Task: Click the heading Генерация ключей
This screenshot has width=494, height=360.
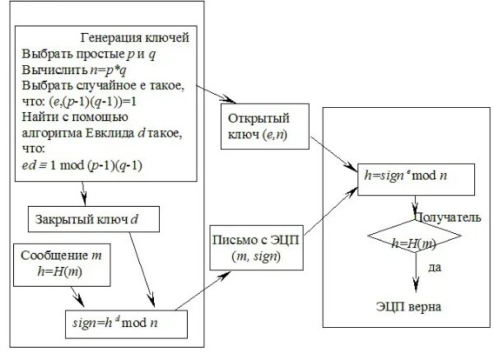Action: (136, 38)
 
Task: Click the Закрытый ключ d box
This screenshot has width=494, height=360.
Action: (92, 219)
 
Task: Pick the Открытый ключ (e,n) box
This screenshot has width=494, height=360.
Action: (258, 125)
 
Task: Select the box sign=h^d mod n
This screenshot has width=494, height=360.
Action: (124, 322)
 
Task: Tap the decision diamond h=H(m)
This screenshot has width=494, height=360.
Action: (413, 243)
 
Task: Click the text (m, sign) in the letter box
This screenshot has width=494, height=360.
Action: (256, 257)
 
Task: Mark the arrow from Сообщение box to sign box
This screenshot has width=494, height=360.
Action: (76, 295)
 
